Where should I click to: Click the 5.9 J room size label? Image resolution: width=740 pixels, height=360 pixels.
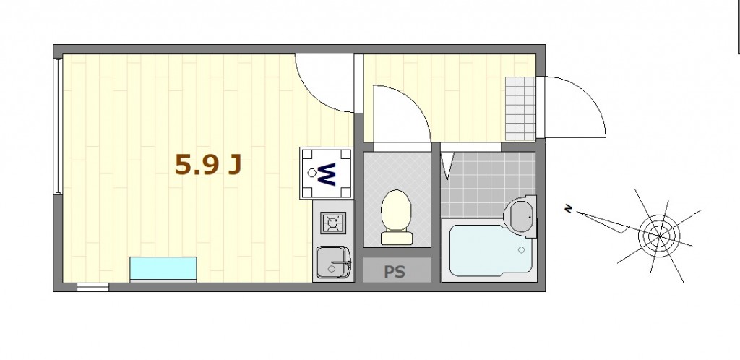(208, 165)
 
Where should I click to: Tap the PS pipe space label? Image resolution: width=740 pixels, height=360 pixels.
(394, 272)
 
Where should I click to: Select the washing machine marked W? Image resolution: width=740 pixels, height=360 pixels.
(327, 173)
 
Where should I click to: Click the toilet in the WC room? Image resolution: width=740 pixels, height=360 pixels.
(397, 218)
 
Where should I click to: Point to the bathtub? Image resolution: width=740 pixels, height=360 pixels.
(489, 250)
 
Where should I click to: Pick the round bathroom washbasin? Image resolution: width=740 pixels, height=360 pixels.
(520, 217)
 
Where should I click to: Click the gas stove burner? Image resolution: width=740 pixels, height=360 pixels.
(333, 223)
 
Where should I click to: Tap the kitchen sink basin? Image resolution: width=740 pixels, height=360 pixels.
(333, 263)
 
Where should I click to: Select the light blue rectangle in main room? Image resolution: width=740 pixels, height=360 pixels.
(163, 270)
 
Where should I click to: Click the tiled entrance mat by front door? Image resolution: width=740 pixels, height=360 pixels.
(520, 108)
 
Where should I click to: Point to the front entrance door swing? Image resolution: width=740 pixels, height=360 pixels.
(573, 107)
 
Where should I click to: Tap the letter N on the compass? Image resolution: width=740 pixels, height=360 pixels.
(569, 208)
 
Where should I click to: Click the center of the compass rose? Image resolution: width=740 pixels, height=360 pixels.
(659, 236)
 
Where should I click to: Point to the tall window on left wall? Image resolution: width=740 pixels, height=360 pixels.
(58, 126)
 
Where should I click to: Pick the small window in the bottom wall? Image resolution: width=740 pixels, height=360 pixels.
(93, 287)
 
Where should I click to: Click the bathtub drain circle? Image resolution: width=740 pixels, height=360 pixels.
(522, 250)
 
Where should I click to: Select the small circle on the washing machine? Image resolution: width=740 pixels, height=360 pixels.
(312, 173)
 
